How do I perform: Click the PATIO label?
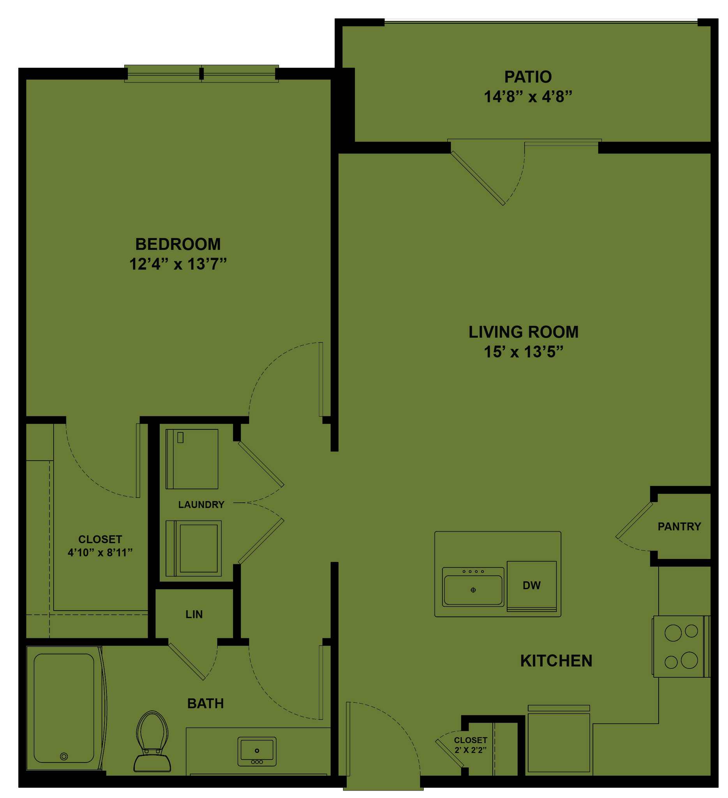528,77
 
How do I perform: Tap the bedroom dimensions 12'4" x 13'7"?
178,264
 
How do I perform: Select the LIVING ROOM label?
524,332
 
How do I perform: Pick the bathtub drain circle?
64,756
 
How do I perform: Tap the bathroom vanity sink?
257,751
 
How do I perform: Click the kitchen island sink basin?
473,590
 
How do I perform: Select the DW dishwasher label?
531,585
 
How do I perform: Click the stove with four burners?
681,646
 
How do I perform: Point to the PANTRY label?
679,526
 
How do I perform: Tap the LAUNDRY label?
201,505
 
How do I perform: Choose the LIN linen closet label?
194,614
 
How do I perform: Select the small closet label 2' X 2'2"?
471,750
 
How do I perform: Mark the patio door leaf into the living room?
477,178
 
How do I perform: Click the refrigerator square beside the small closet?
559,742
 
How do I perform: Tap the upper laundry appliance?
192,459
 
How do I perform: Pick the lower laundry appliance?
194,548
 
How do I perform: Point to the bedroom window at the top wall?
201,74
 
